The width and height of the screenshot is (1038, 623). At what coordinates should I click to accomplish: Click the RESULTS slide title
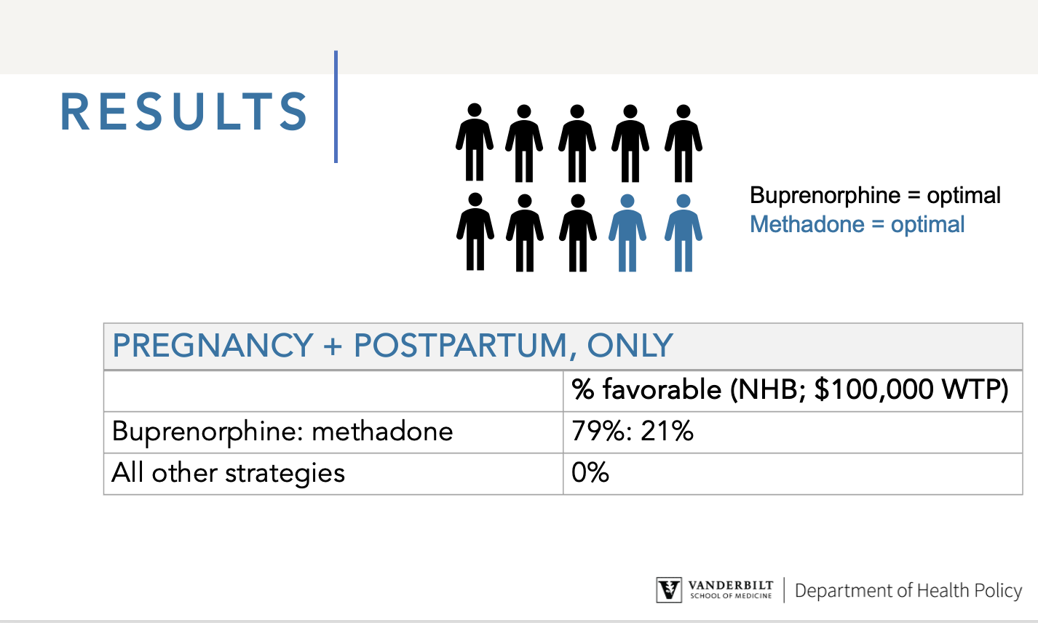[x=184, y=111]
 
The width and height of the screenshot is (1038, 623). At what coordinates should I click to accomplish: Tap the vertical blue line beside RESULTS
[x=336, y=106]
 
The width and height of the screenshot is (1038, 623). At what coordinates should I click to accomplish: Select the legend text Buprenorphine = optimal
[x=876, y=196]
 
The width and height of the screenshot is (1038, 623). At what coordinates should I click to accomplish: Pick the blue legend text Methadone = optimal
[x=857, y=225]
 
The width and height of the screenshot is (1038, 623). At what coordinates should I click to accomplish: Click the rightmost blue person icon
[x=684, y=233]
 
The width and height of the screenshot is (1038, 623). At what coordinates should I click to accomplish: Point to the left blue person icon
[x=627, y=233]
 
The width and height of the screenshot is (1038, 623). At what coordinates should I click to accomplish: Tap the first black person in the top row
[x=475, y=142]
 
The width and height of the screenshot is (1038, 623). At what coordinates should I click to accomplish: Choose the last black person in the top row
[x=684, y=143]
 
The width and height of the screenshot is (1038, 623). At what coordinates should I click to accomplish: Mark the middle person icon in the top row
[x=577, y=143]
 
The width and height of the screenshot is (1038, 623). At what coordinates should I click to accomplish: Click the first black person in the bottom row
[x=475, y=231]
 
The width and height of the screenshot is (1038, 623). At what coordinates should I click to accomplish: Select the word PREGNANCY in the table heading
[x=213, y=346]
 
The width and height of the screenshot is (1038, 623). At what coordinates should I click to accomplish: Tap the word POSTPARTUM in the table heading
[x=460, y=346]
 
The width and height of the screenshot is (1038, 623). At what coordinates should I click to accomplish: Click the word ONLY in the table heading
[x=630, y=346]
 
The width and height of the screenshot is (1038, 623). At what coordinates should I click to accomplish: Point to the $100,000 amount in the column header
[x=873, y=389]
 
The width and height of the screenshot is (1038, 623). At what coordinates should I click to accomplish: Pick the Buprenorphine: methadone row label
[x=282, y=432]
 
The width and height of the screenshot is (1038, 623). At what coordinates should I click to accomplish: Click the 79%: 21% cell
[x=633, y=432]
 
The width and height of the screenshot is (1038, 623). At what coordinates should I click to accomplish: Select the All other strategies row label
[x=228, y=473]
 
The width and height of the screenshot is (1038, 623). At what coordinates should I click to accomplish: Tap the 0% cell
[x=590, y=473]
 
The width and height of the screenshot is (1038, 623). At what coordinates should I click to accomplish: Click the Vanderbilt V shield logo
[x=669, y=590]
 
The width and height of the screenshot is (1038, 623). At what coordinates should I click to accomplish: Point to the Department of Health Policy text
[x=908, y=591]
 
